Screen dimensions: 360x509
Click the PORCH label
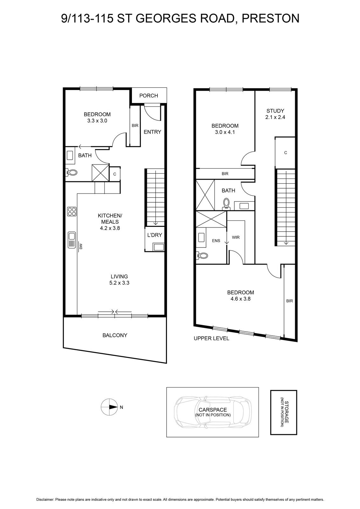click(149, 96)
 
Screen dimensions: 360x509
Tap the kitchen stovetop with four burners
click(72, 211)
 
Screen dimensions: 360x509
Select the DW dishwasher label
click(80, 246)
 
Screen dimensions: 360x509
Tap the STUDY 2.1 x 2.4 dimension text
click(275, 117)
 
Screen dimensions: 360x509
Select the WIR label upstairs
click(236, 237)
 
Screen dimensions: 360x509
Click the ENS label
click(216, 241)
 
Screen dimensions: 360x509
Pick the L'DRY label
click(155, 235)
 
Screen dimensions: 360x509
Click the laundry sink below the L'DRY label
click(158, 247)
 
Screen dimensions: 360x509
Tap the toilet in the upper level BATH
click(226, 204)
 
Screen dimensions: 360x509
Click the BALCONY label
click(115, 335)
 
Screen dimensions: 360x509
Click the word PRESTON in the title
click(270, 18)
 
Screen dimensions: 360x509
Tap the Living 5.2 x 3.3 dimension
click(119, 283)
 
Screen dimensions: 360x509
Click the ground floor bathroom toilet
click(71, 172)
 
